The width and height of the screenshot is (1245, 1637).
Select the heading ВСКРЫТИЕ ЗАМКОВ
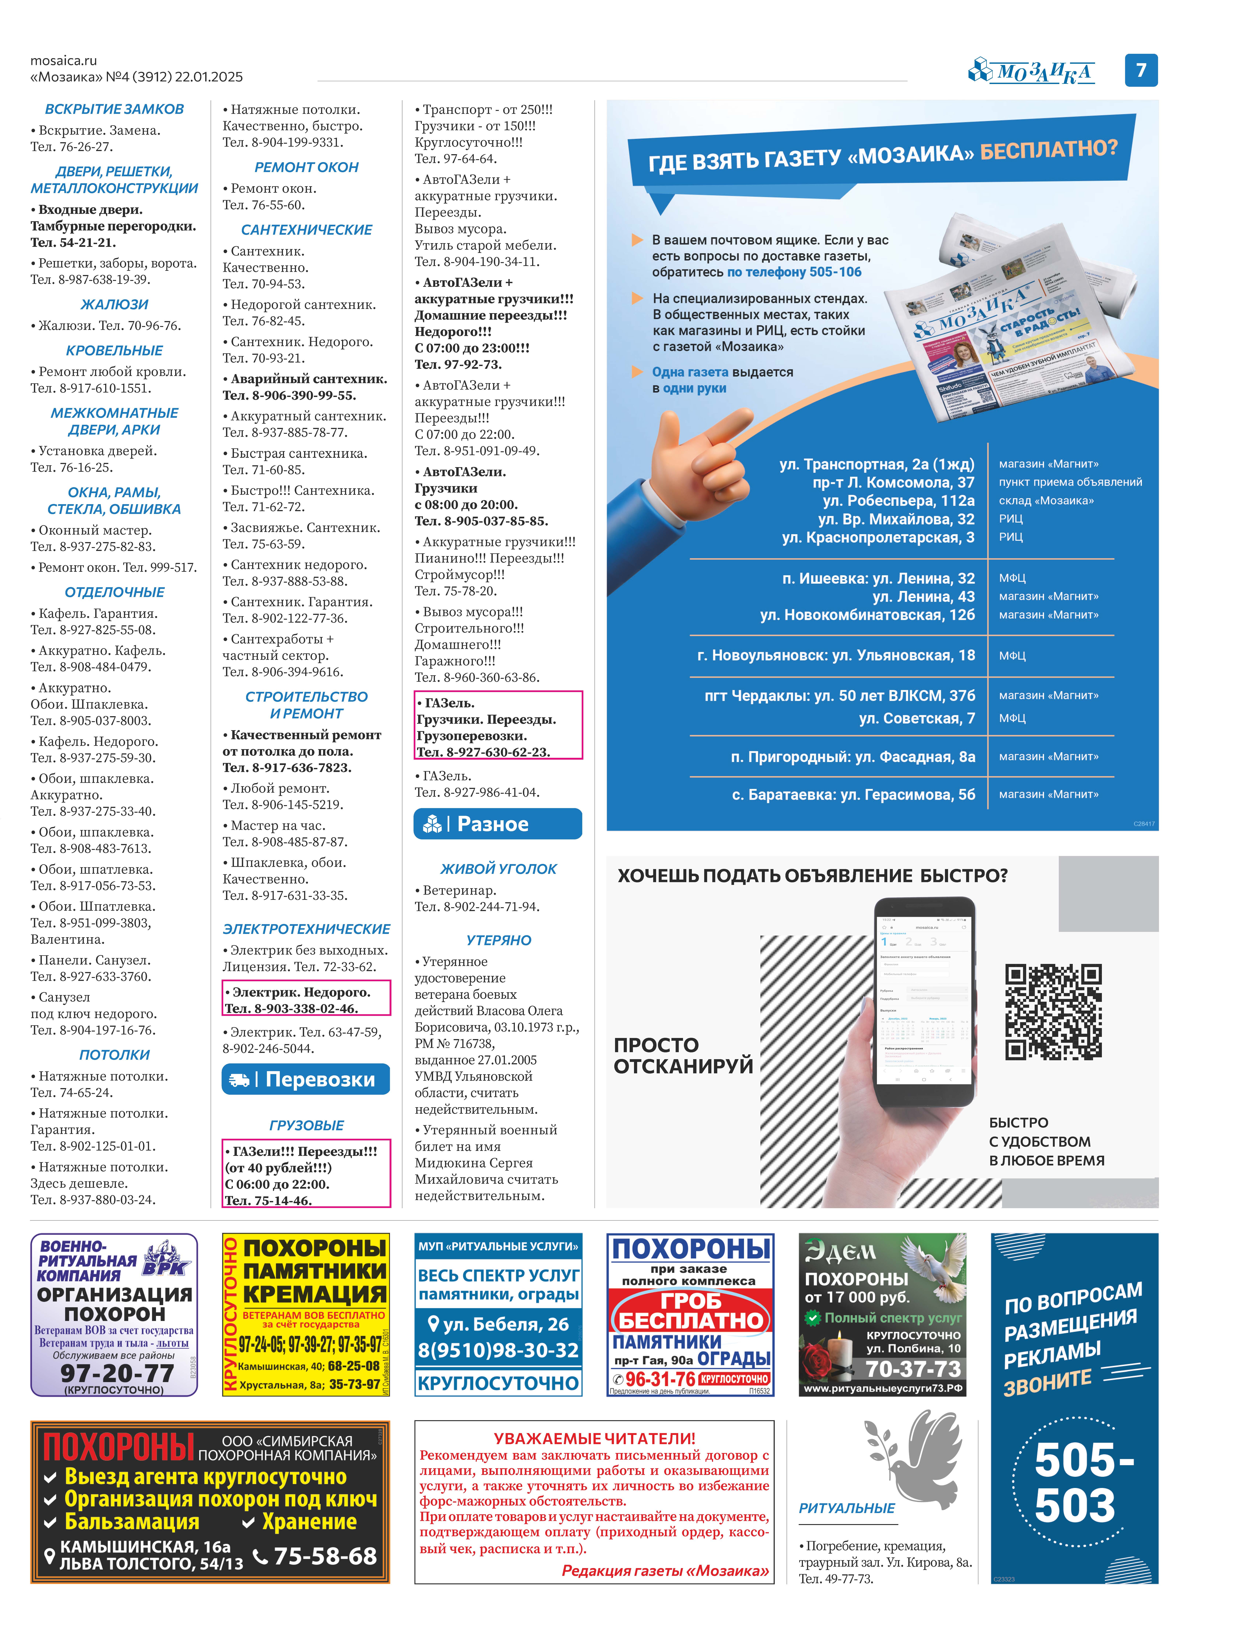coord(114,109)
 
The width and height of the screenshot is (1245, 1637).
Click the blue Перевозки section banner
coord(306,1079)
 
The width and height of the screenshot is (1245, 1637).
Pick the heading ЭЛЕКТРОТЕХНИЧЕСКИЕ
coord(306,929)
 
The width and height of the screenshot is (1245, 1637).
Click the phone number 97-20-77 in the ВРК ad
coord(117,1372)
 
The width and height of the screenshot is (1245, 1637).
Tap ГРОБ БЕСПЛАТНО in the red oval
coord(691,1311)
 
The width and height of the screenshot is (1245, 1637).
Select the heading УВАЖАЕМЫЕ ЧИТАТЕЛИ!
coord(594,1438)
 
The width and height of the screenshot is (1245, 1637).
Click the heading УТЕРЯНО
coord(499,940)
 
